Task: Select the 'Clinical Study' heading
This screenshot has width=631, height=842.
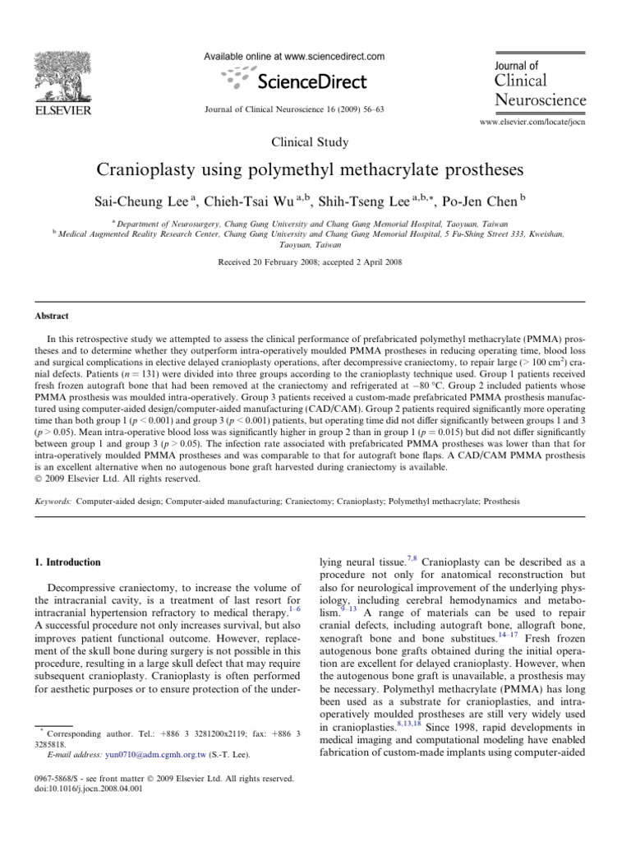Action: point(315,141)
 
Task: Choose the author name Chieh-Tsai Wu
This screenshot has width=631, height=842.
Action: point(265,201)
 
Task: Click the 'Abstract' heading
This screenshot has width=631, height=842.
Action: point(52,316)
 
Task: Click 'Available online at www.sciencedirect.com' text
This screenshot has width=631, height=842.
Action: point(295,57)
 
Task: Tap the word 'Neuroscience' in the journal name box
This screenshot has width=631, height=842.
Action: point(541,99)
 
